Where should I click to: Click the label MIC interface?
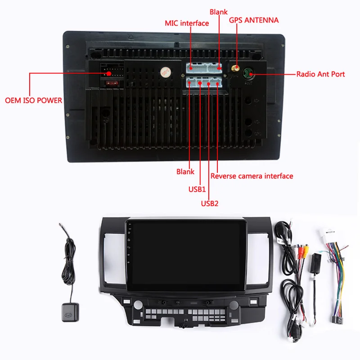(x=187, y=22)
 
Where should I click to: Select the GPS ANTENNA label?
(x=254, y=20)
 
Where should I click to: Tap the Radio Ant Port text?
(x=320, y=74)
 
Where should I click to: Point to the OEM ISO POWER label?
(x=33, y=100)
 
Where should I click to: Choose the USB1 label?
(x=197, y=189)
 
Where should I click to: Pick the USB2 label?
(x=209, y=203)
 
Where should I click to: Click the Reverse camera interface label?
(x=252, y=176)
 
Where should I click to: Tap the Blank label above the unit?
(x=219, y=12)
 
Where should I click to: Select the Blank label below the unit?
(x=185, y=171)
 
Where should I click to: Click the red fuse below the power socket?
(x=110, y=83)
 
